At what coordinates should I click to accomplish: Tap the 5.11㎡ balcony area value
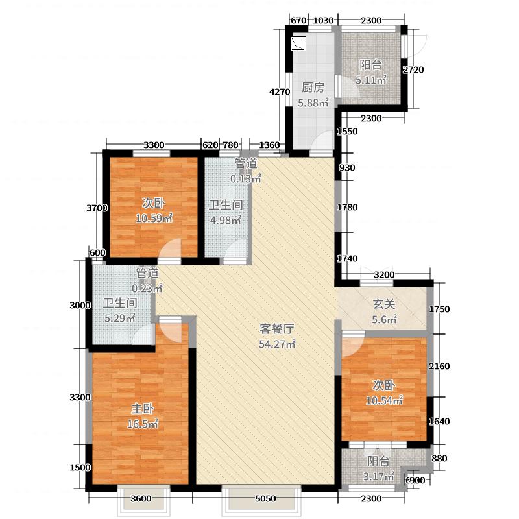tap(370, 80)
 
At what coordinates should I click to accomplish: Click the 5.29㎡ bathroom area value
tap(120, 318)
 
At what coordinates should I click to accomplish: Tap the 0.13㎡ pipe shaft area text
tap(247, 177)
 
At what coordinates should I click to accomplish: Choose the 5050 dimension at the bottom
tap(265, 499)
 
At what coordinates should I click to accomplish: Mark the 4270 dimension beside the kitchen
tap(279, 92)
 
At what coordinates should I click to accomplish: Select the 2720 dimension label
tap(413, 70)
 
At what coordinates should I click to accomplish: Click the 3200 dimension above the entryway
tap(384, 275)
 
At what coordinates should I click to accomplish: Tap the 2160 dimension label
tap(439, 367)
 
